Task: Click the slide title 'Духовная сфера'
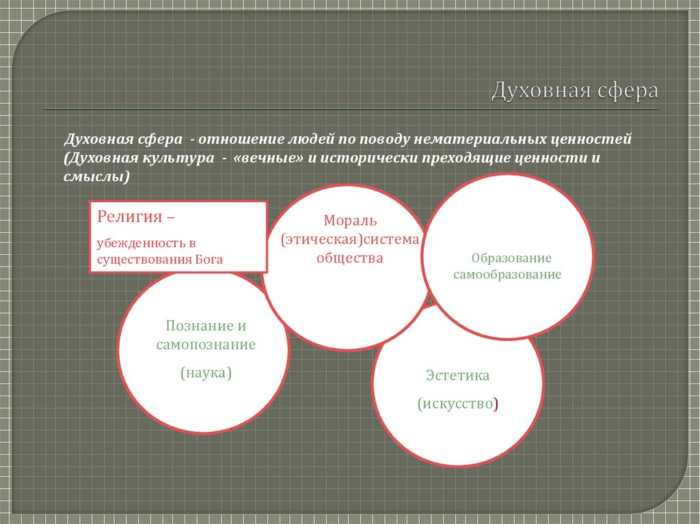pyautogui.click(x=574, y=91)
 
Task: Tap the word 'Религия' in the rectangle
pyautogui.click(x=129, y=217)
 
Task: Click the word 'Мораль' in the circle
pyautogui.click(x=350, y=221)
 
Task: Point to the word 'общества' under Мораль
pyautogui.click(x=349, y=258)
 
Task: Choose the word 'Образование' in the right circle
pyautogui.click(x=511, y=258)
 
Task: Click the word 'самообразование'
pyautogui.click(x=507, y=274)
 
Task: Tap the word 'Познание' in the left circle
pyautogui.click(x=194, y=326)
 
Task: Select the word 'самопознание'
pyautogui.click(x=206, y=344)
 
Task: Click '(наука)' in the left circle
pyautogui.click(x=206, y=373)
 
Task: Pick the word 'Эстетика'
pyautogui.click(x=457, y=375)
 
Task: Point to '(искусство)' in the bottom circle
pyautogui.click(x=458, y=404)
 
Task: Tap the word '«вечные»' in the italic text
pyautogui.click(x=268, y=158)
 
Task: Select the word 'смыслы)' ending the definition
pyautogui.click(x=96, y=177)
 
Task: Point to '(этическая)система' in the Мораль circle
pyautogui.click(x=350, y=240)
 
